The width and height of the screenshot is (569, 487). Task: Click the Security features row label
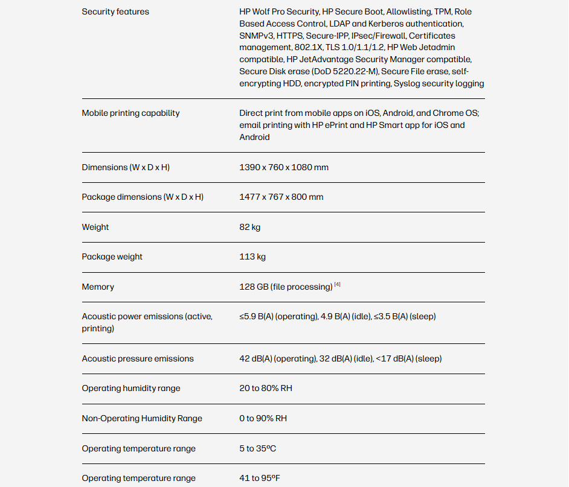tap(115, 11)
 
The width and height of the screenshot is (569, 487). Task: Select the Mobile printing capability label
tap(130, 113)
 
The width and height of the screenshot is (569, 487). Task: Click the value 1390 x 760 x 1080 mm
tap(284, 167)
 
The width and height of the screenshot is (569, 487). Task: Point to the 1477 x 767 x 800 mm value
tap(281, 197)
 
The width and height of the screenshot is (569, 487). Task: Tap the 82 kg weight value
tap(250, 227)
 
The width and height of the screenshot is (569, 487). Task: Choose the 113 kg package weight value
tap(252, 256)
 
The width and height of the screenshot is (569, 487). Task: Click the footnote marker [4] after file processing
tap(338, 285)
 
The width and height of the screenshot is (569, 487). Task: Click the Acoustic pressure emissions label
tap(138, 358)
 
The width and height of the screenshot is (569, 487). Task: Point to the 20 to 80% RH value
tap(266, 388)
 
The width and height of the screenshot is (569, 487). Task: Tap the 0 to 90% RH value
tap(263, 418)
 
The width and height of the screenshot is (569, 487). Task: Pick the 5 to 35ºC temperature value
tap(258, 448)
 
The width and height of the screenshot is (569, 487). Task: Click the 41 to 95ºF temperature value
tap(260, 478)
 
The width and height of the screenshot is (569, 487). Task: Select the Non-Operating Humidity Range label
tap(142, 418)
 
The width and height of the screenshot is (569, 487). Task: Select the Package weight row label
tap(112, 256)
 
